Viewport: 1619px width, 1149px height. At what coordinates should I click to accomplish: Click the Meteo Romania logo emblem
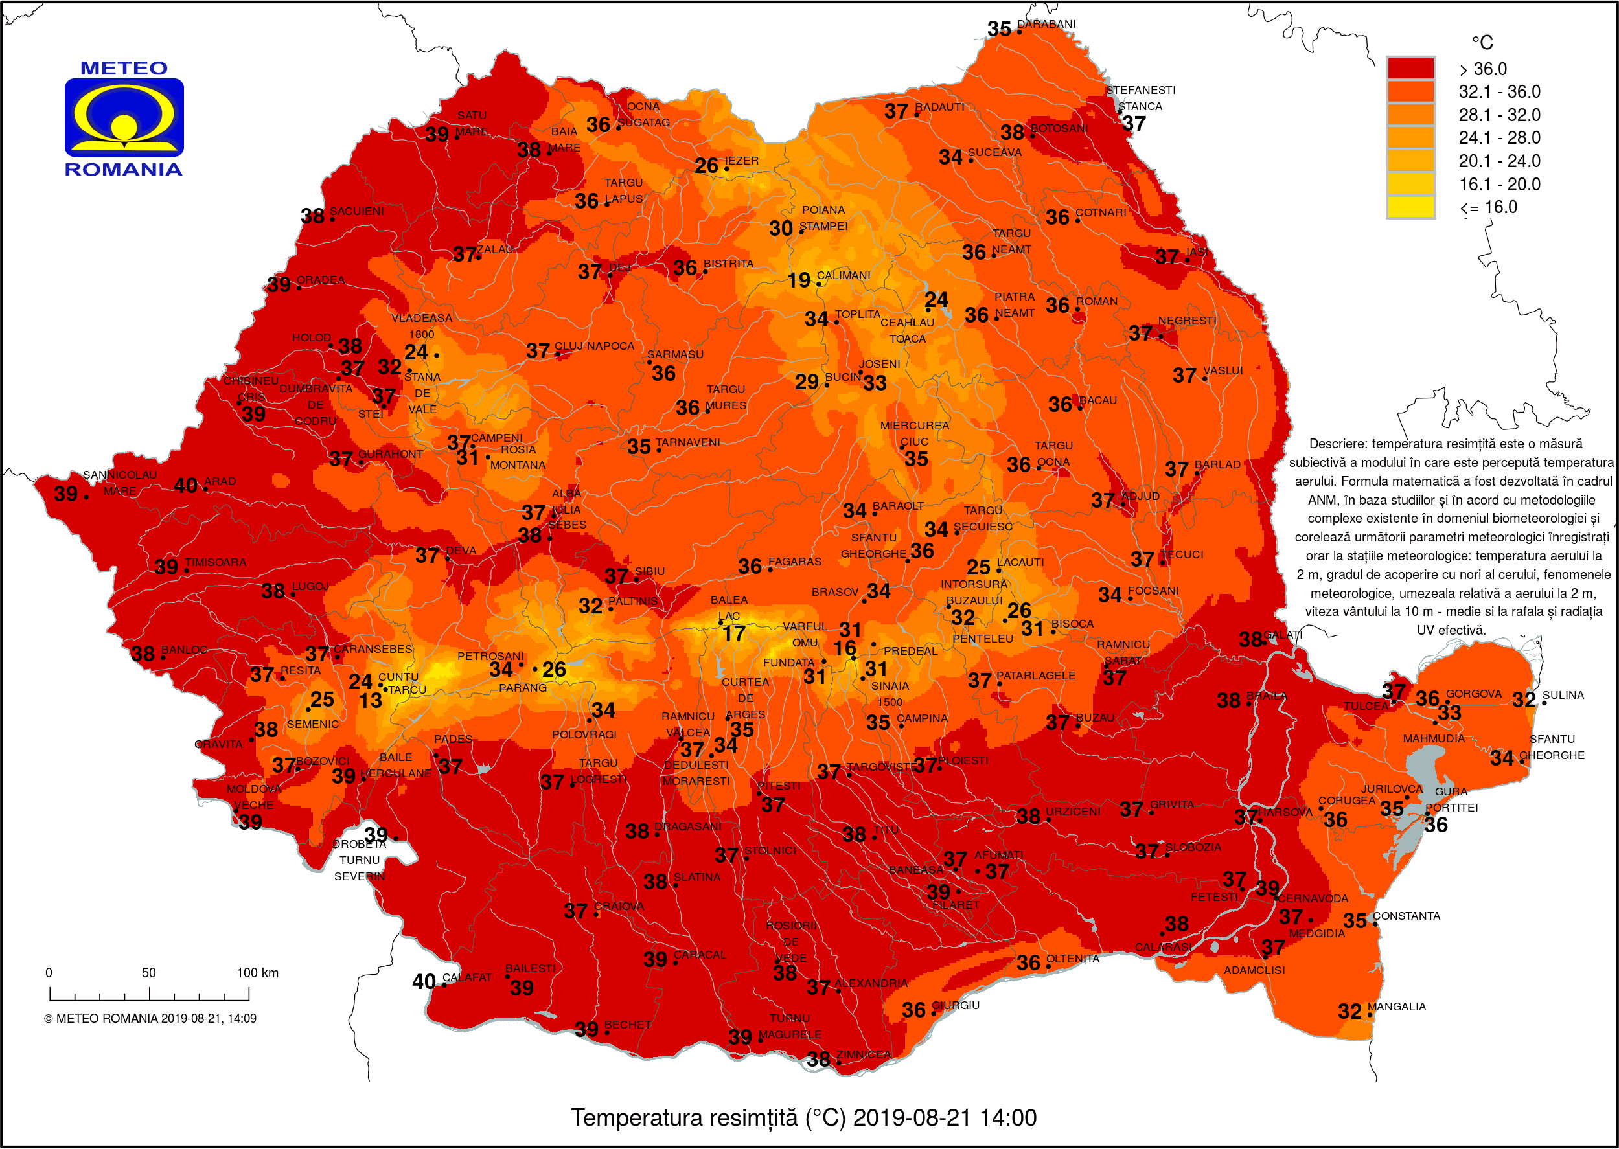[124, 117]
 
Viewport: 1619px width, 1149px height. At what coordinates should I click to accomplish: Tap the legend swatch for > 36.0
[1410, 69]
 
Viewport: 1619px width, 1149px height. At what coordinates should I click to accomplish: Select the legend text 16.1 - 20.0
[1498, 184]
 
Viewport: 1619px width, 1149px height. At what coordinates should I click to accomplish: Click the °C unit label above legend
[1482, 43]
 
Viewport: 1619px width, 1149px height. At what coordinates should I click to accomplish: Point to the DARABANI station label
[1046, 24]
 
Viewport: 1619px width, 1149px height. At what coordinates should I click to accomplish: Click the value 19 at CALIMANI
[799, 281]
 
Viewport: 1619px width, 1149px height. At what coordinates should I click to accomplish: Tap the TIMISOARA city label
[215, 562]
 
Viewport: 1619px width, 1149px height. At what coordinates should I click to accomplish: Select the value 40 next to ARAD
[185, 485]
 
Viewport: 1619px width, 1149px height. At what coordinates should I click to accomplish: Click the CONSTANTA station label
[1406, 916]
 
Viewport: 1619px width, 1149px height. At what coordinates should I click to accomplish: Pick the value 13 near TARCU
[370, 701]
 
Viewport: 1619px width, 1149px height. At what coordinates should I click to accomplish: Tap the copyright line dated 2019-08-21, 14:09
[150, 1019]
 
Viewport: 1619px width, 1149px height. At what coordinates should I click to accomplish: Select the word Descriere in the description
[1337, 444]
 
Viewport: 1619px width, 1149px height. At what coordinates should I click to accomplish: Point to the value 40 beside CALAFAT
[424, 982]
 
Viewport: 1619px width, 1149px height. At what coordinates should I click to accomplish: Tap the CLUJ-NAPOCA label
[593, 346]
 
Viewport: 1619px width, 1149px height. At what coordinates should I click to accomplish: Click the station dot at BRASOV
[864, 602]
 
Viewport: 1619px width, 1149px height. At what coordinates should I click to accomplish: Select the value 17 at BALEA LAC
[733, 633]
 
